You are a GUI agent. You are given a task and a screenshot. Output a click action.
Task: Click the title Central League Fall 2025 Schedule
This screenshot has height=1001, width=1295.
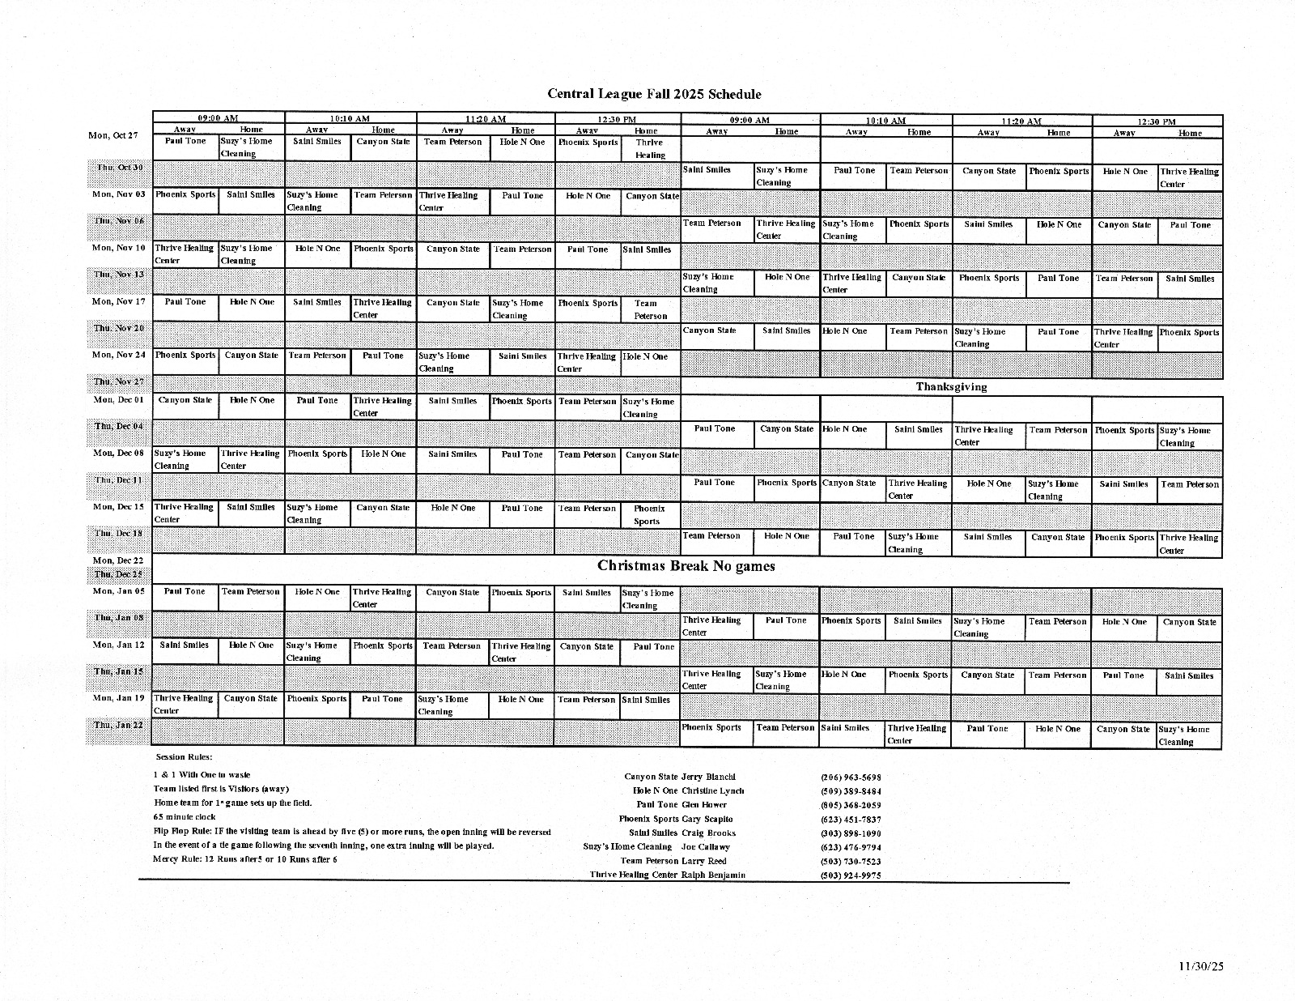(x=654, y=94)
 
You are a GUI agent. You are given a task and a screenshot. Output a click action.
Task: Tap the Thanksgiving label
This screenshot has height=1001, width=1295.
(x=951, y=387)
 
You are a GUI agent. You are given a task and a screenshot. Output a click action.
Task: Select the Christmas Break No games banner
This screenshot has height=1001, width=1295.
(x=686, y=566)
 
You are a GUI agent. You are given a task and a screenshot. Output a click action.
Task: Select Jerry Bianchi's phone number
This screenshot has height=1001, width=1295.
(x=851, y=777)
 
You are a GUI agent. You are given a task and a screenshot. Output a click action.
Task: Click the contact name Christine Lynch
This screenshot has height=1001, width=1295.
(x=712, y=791)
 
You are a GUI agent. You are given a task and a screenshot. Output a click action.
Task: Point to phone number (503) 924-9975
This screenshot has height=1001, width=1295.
(x=851, y=875)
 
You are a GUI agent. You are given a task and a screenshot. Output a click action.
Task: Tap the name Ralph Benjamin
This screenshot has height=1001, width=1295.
(x=713, y=875)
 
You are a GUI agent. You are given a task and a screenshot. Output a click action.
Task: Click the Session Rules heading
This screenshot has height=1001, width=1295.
(x=184, y=757)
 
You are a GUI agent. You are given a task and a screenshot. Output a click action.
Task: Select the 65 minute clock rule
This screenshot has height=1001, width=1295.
(x=185, y=817)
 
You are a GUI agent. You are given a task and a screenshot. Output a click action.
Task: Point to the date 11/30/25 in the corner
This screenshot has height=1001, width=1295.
(x=1201, y=965)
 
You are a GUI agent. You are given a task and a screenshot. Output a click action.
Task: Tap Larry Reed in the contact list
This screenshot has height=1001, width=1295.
(x=704, y=862)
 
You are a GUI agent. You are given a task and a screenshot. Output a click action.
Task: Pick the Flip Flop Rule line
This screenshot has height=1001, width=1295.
(x=352, y=832)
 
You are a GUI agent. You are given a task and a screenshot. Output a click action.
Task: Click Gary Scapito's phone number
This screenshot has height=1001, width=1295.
(x=851, y=820)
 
